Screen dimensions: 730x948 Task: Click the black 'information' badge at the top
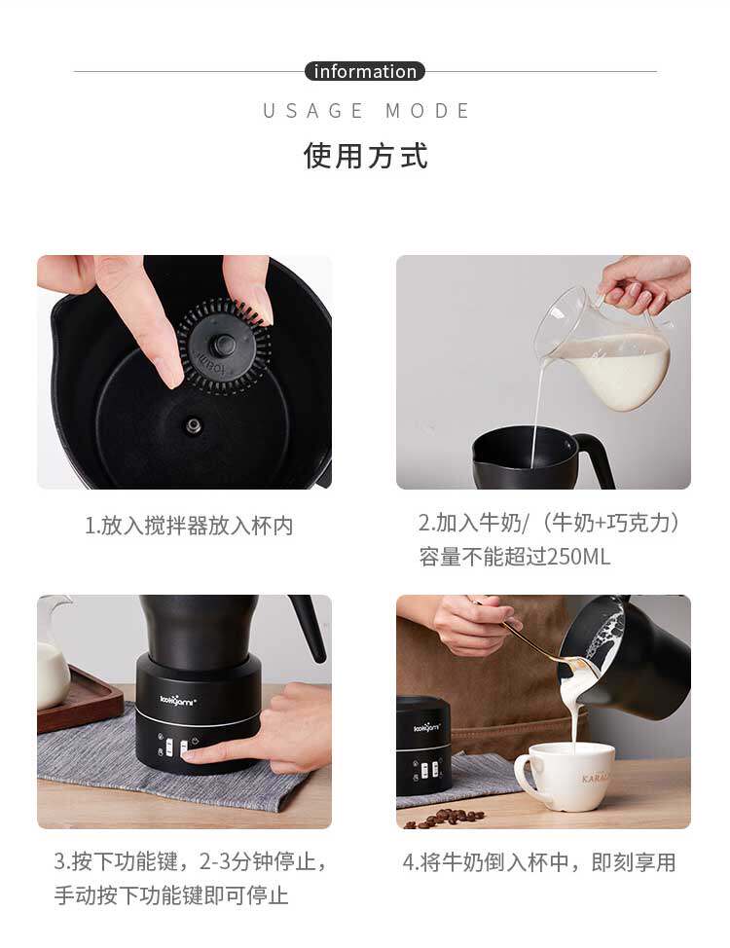click(365, 71)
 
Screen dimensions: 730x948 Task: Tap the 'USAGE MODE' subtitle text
click(367, 111)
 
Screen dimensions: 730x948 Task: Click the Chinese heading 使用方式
click(365, 156)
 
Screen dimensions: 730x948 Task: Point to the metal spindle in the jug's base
click(194, 425)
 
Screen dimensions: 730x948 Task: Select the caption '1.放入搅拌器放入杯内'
click(189, 526)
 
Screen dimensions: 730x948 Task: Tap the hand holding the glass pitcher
click(643, 283)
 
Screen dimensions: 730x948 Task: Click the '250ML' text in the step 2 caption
click(578, 557)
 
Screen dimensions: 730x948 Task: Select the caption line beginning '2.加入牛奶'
click(549, 523)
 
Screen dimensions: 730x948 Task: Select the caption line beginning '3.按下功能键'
click(190, 862)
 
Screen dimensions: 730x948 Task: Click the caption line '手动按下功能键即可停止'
click(171, 895)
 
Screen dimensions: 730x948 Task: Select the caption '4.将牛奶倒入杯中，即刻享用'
click(539, 862)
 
